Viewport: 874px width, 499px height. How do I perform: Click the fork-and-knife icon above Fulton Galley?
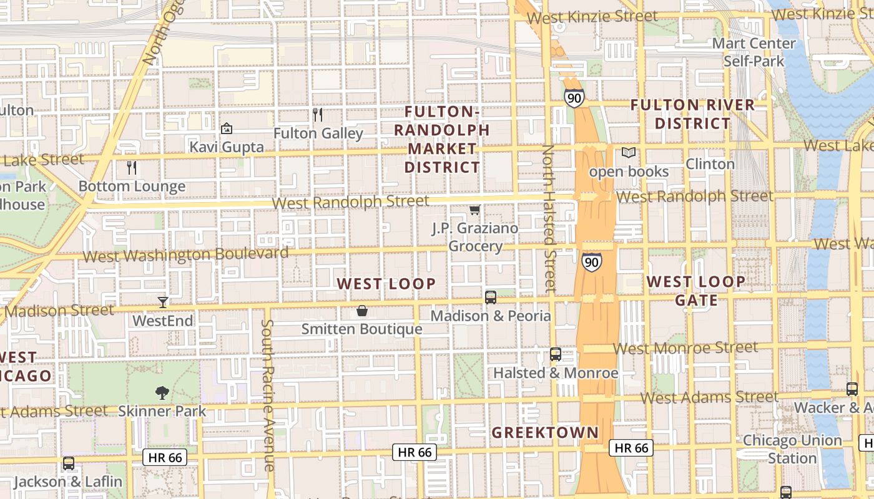click(x=318, y=115)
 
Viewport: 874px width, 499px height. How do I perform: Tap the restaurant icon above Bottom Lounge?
click(x=132, y=168)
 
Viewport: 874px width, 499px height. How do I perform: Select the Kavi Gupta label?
click(x=227, y=148)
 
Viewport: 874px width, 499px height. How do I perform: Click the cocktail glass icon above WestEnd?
click(x=163, y=303)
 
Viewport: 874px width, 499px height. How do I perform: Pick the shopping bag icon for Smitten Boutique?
click(x=362, y=311)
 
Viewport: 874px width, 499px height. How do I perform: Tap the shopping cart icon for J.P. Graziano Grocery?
click(x=475, y=211)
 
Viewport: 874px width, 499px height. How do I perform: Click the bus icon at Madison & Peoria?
click(x=491, y=298)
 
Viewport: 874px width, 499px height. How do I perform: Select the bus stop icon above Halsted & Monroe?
click(x=556, y=354)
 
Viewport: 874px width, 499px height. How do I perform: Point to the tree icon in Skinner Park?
click(x=162, y=393)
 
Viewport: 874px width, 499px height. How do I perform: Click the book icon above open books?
click(x=628, y=153)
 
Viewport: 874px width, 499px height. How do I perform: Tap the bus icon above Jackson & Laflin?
click(x=69, y=463)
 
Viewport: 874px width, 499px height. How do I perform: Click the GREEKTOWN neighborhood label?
click(x=545, y=432)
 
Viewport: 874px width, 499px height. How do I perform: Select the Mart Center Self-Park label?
click(x=754, y=52)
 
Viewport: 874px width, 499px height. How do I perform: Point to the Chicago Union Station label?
click(x=792, y=449)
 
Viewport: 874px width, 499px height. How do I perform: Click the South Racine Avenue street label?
click(x=268, y=395)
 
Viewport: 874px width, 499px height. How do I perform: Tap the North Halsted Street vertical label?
click(x=548, y=218)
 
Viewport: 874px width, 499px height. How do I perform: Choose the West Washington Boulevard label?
click(x=185, y=254)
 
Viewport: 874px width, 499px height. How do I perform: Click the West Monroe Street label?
click(x=685, y=347)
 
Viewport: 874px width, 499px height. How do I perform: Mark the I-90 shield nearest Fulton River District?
click(x=574, y=97)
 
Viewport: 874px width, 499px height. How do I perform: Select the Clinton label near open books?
click(x=710, y=164)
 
